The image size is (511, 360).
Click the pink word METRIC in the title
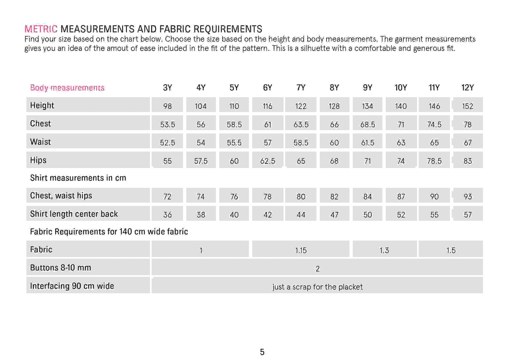[41, 29]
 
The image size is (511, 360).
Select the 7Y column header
[301, 88]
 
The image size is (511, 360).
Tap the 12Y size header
[467, 88]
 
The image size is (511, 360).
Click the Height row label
[42, 105]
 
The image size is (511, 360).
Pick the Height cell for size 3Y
[167, 106]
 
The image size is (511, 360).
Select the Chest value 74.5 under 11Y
[434, 124]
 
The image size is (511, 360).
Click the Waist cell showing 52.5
[167, 143]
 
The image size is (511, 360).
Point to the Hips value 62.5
[268, 161]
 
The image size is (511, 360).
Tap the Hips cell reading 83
[467, 161]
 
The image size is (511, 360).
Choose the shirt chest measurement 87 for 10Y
[401, 197]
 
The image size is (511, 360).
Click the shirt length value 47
[334, 215]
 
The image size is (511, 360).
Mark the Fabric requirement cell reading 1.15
[301, 250]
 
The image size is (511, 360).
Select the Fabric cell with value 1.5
[451, 250]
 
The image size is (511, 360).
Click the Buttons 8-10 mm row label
[61, 268]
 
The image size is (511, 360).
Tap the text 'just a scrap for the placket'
[317, 287]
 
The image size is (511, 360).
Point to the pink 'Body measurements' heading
[67, 88]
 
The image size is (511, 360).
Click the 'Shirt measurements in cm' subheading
[78, 178]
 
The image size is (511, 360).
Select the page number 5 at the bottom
[262, 352]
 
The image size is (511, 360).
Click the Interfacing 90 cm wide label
[72, 286]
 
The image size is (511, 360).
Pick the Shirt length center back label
[74, 214]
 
